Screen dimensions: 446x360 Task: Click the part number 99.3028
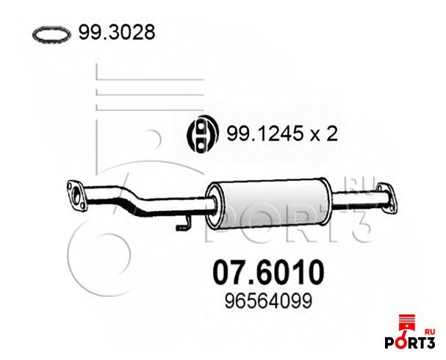(x=117, y=32)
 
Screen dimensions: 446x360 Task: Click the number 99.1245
(x=264, y=134)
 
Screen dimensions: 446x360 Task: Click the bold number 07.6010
(x=268, y=272)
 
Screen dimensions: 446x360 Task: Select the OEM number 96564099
(x=268, y=301)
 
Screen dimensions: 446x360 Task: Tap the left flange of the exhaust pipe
(x=76, y=195)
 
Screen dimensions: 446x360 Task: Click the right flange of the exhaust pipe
(x=386, y=198)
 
